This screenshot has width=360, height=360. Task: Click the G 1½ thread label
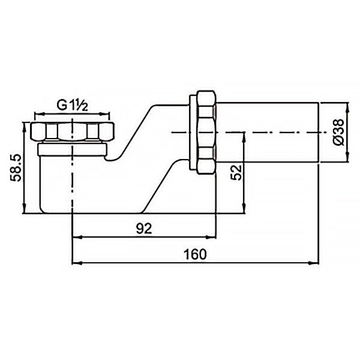[x=73, y=106]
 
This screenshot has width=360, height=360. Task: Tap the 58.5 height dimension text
[x=16, y=168]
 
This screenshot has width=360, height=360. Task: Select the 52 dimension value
[x=236, y=172]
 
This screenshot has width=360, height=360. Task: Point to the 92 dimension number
[x=144, y=229]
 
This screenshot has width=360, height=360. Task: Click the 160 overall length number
[x=195, y=254]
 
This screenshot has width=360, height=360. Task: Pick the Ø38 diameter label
[x=339, y=132]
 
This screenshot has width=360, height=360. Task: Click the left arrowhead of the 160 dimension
[x=77, y=263]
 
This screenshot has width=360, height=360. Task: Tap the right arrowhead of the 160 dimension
[x=314, y=263]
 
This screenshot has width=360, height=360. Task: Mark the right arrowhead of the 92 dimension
[x=211, y=238]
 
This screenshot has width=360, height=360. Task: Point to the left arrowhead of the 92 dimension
[x=77, y=238]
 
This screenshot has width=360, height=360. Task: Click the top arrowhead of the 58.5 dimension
[x=25, y=127]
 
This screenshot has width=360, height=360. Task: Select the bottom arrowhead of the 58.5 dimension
[x=25, y=208]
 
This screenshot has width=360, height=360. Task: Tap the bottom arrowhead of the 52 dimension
[x=245, y=208]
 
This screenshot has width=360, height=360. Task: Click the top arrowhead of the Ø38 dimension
[x=347, y=108]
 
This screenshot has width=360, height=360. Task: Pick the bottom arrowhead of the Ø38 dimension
[x=347, y=157]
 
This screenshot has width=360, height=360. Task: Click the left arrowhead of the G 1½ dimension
[x=39, y=113]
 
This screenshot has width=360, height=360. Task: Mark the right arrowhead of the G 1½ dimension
[x=104, y=113]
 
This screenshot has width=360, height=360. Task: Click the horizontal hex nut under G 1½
[x=73, y=131]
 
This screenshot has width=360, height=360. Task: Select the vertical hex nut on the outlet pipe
[x=206, y=133]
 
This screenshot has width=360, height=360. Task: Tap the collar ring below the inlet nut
[x=73, y=149]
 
